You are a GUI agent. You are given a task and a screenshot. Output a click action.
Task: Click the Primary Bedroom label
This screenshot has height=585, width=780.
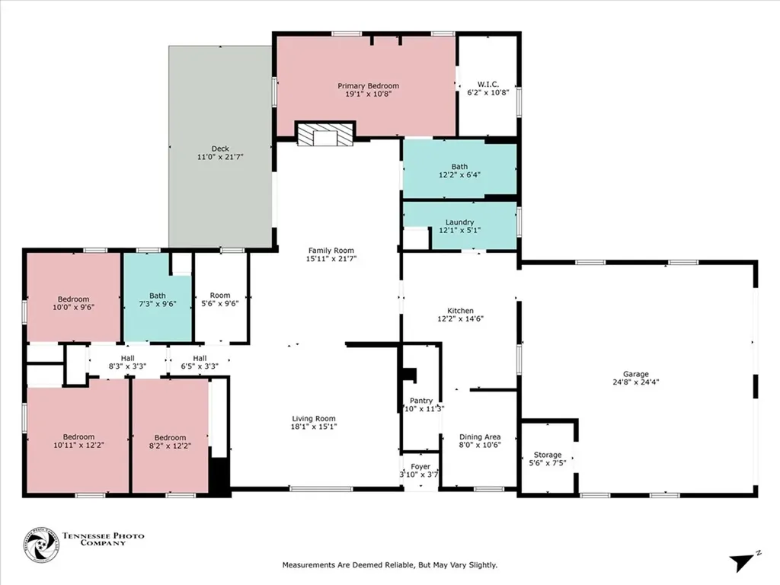click(x=368, y=86)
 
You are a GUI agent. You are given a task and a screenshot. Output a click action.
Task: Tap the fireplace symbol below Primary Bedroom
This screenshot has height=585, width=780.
click(x=325, y=136)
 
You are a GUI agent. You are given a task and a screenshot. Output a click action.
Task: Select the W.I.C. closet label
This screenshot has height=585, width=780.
click(x=487, y=84)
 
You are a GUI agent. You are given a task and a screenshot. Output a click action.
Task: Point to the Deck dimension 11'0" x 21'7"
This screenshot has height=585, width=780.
click(x=220, y=156)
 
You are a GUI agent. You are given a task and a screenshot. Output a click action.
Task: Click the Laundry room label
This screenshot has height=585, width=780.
click(x=459, y=222)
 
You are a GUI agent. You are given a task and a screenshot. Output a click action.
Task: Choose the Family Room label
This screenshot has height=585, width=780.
click(x=331, y=250)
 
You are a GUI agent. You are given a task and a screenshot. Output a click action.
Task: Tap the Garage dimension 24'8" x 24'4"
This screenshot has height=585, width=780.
click(x=635, y=382)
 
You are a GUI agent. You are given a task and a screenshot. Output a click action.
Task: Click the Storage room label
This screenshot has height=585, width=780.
click(x=547, y=455)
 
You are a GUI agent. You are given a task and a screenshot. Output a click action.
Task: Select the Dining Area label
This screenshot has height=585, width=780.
click(x=480, y=436)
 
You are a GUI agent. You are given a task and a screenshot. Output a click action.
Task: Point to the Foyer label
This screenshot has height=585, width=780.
click(x=420, y=467)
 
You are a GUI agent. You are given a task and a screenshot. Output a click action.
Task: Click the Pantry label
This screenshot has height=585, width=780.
click(x=421, y=401)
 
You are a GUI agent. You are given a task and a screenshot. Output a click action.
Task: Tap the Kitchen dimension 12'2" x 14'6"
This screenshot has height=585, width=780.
click(x=460, y=320)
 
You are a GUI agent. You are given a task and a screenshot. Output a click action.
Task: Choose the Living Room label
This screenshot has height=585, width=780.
click(x=314, y=418)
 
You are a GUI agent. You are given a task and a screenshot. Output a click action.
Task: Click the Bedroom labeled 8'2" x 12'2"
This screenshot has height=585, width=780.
click(x=170, y=437)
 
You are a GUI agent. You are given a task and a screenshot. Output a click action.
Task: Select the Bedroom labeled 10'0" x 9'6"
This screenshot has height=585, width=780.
click(x=74, y=299)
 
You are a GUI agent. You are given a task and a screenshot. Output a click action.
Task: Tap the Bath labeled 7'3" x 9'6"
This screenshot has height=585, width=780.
click(x=158, y=296)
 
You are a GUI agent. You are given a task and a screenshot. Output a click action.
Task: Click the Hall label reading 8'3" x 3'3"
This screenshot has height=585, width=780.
click(x=126, y=358)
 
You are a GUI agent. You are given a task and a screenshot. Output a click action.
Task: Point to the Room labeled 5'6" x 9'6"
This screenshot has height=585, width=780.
click(x=220, y=296)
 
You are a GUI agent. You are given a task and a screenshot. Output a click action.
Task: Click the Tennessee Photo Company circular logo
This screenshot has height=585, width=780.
click(x=41, y=545)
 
